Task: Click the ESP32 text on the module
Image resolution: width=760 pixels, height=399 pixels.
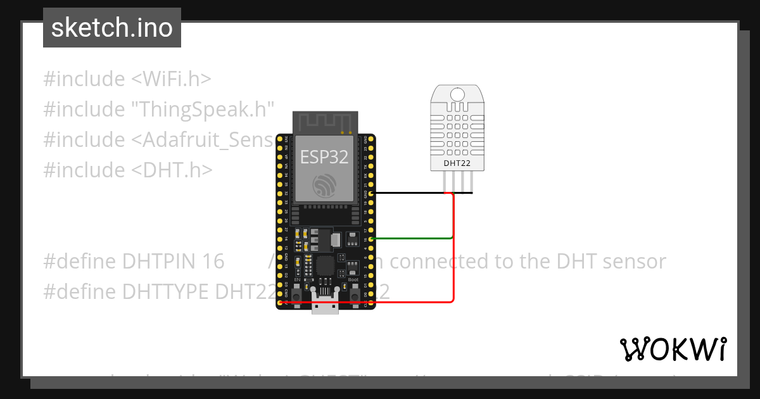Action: click(x=324, y=157)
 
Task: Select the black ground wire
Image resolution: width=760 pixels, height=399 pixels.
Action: click(x=418, y=193)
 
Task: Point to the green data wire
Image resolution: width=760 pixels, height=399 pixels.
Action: click(x=412, y=239)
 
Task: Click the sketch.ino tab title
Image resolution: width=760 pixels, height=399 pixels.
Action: click(x=112, y=28)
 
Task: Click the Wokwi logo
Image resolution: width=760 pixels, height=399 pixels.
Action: click(x=673, y=349)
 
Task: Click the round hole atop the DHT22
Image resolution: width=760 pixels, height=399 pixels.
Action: click(x=455, y=96)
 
